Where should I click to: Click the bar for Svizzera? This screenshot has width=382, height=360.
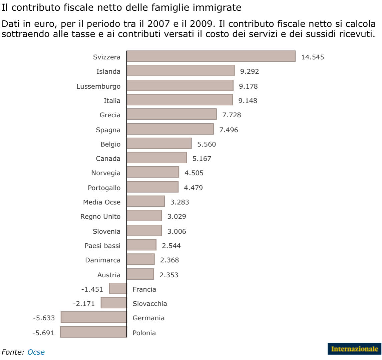coord(211,56)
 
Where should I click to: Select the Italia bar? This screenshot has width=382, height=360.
coord(179,100)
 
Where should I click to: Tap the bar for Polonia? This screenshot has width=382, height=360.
coord(93,332)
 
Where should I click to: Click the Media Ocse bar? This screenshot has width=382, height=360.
coord(145,201)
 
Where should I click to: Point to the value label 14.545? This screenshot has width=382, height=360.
coord(312,57)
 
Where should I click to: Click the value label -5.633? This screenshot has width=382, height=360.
coord(44,318)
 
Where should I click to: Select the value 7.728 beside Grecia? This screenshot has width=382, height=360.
coord(232,115)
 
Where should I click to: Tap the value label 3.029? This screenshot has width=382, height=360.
coord(176,217)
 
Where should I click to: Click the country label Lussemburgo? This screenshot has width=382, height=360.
coord(98,86)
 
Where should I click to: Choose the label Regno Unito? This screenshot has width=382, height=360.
coord(100,217)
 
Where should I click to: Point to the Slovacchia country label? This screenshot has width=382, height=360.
coord(150,304)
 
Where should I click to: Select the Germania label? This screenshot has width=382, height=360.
coord(148,318)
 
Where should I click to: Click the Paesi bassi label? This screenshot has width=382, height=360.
coord(102,246)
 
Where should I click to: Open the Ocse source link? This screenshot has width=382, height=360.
coord(36,352)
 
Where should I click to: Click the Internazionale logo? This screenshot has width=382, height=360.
coord(354,349)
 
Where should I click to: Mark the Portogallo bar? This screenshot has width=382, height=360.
coord(152,187)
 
